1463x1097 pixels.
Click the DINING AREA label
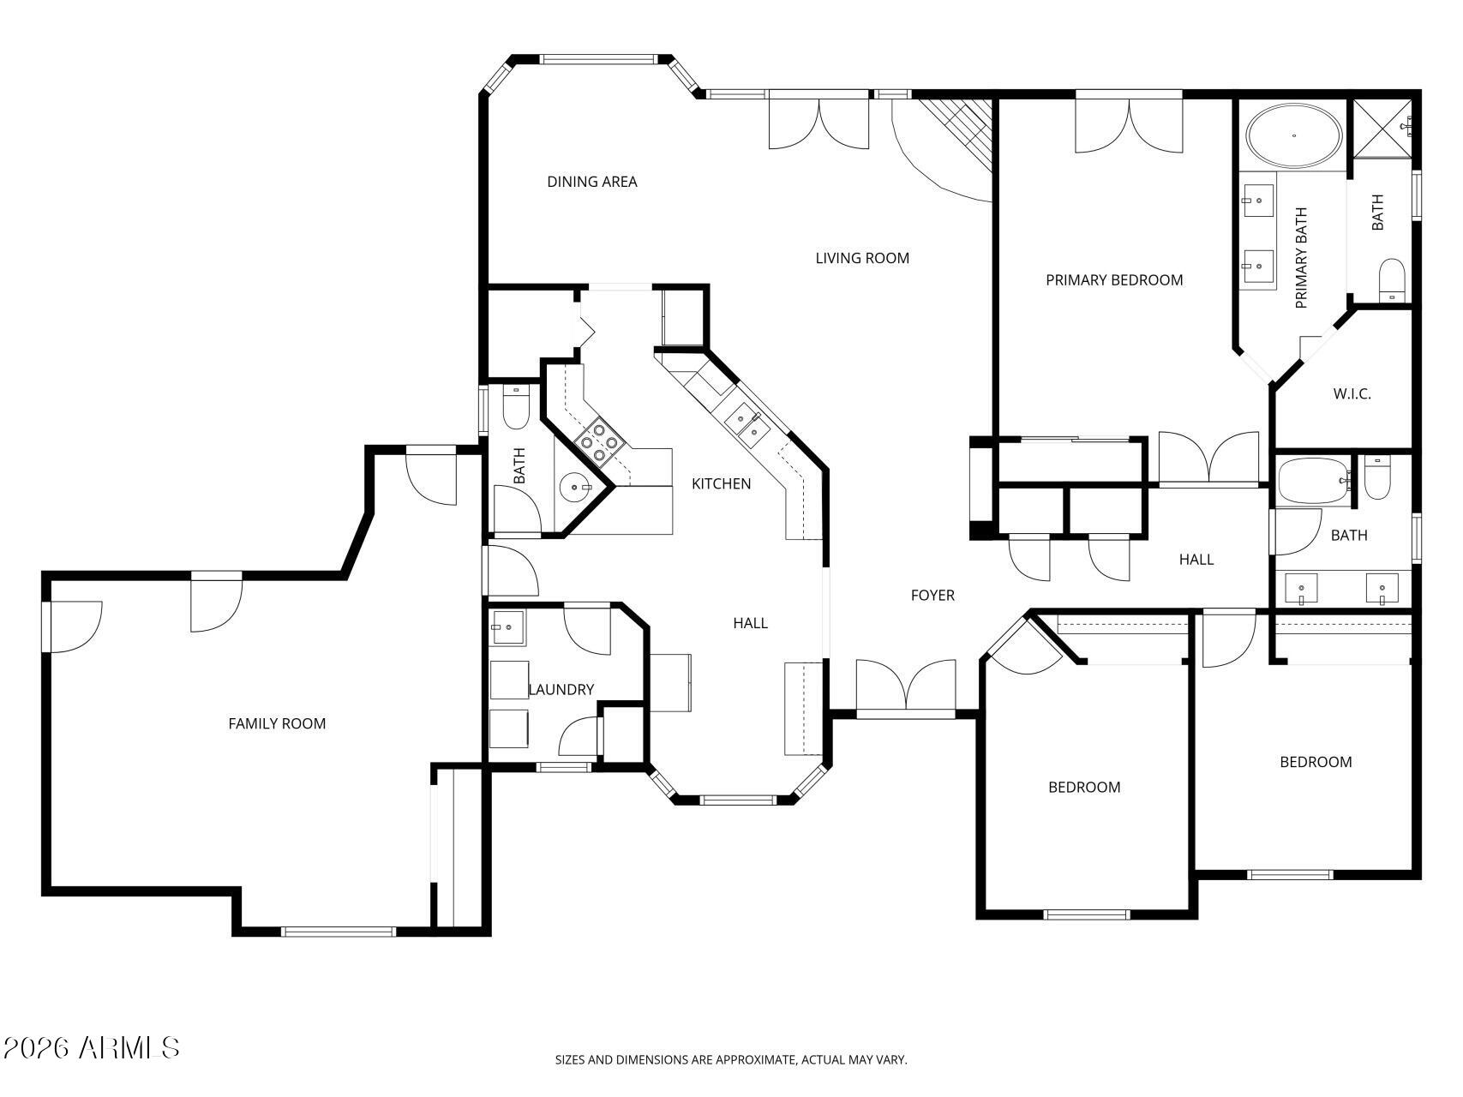[x=591, y=182]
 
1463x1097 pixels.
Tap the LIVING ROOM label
[x=862, y=258]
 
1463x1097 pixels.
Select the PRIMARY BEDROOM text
[x=1114, y=280]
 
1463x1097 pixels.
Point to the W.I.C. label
[x=1352, y=394]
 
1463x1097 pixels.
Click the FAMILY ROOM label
[x=277, y=723]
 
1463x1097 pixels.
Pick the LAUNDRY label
[x=561, y=690]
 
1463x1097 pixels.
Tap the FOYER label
[x=932, y=596]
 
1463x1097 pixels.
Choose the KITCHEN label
[x=722, y=484]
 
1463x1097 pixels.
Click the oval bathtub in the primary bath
[x=1294, y=135]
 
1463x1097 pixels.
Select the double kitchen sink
[x=743, y=421]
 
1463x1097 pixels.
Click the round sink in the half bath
[x=575, y=488]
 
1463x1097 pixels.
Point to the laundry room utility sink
[x=508, y=626]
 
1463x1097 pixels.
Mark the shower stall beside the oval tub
[x=1383, y=129]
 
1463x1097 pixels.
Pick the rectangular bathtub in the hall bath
[x=1314, y=483]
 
